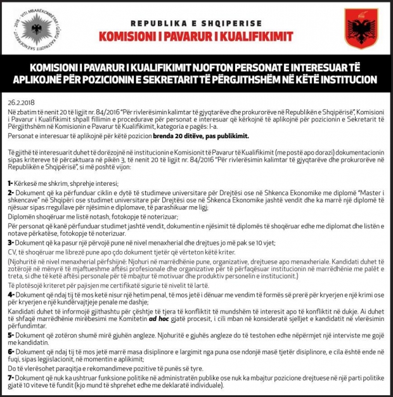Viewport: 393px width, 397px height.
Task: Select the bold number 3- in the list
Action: point(11,242)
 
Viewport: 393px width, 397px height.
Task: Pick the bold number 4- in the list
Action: point(11,294)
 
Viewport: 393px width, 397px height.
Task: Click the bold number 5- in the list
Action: point(11,334)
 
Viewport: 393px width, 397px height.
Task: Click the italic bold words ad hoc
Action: point(157,318)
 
